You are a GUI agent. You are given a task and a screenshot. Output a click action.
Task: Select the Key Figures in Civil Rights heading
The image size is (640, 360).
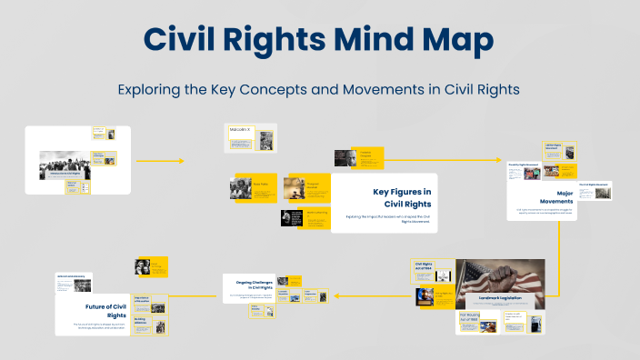pos(401,196)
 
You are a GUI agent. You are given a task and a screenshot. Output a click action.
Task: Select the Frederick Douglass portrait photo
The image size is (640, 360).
pos(344,158)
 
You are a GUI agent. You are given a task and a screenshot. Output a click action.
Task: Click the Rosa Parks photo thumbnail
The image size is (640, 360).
pos(241,188)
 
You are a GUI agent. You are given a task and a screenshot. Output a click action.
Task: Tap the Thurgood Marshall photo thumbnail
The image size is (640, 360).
pos(294,188)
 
